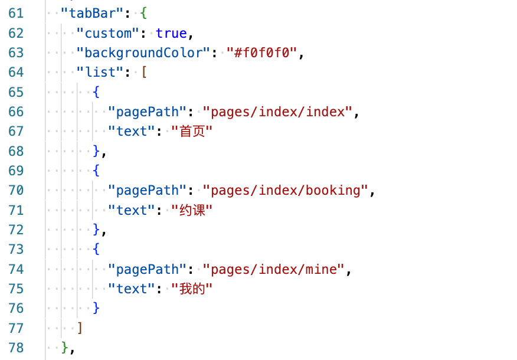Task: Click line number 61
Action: [16, 13]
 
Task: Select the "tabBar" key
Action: [88, 13]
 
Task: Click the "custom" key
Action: [107, 33]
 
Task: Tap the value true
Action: [171, 33]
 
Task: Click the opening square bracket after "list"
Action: [143, 72]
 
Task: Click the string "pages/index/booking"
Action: [286, 190]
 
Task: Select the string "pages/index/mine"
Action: [274, 269]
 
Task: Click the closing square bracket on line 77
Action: [80, 328]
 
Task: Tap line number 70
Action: [16, 190]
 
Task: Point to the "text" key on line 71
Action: [132, 210]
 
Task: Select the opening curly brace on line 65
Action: [96, 92]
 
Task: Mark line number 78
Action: [16, 348]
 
